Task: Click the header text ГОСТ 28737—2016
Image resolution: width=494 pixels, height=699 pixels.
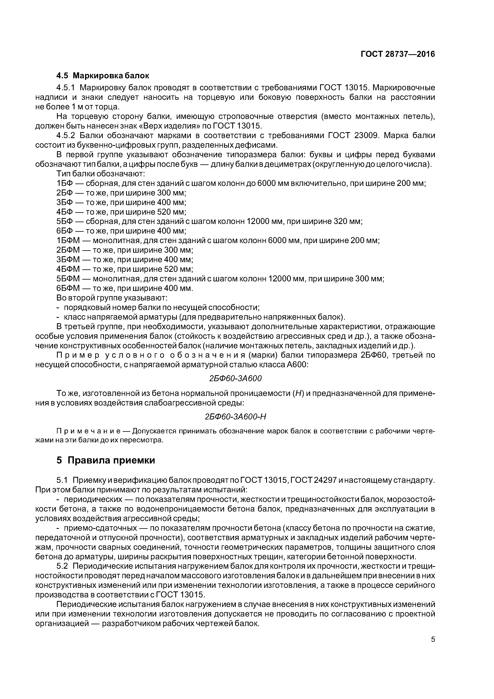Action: (398, 54)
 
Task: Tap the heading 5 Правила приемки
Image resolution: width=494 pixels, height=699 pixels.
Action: (106, 460)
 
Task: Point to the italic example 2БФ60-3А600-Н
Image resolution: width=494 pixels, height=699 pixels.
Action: (236, 416)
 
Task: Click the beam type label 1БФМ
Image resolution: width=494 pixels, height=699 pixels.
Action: (68, 241)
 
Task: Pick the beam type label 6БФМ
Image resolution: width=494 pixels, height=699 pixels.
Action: (68, 288)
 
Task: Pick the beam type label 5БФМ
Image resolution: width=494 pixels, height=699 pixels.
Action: (68, 279)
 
